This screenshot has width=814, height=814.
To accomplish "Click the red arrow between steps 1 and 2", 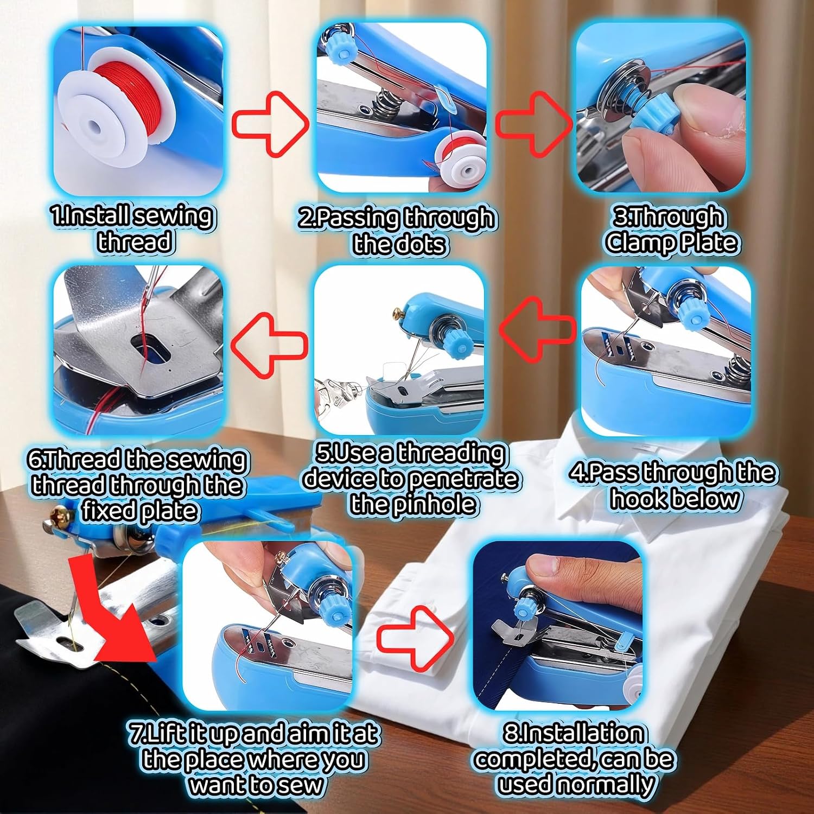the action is click(270, 124).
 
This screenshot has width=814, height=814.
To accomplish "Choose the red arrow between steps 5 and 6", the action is click(269, 345).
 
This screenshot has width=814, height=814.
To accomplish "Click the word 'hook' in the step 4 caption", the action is click(638, 499).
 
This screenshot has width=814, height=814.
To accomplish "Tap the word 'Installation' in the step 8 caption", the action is click(574, 733).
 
